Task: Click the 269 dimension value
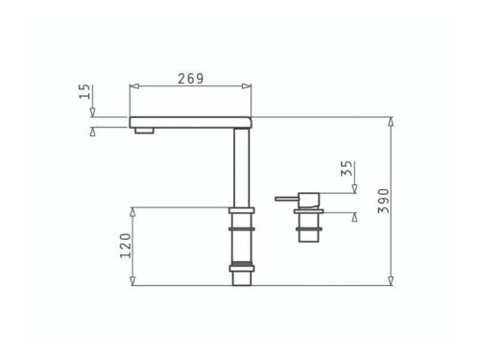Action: [191, 79]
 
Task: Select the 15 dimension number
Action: [84, 91]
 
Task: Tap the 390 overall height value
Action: [384, 201]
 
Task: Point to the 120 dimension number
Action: [126, 246]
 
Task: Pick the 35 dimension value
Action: [347, 168]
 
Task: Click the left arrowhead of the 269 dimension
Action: [134, 86]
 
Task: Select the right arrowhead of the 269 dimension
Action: [247, 86]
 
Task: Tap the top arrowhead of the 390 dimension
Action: [391, 122]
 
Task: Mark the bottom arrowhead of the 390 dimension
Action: [391, 280]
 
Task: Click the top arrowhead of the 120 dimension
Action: [132, 212]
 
